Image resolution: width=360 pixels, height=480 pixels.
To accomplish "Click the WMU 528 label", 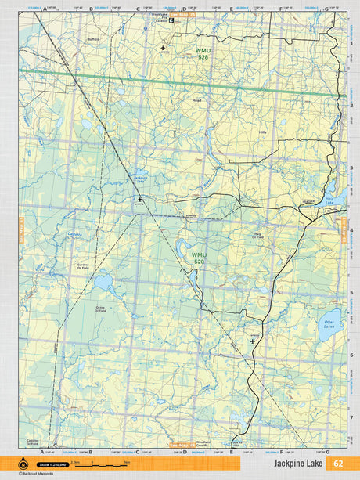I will point(203,54).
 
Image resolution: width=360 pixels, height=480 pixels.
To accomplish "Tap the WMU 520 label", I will point(200,258).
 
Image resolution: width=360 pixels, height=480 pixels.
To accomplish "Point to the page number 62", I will point(338,464).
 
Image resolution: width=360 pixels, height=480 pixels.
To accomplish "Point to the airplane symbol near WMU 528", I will point(163,49).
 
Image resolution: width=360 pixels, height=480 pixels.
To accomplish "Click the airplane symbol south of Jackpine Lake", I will point(140,200).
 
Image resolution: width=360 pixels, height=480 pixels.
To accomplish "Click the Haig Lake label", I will point(329,201).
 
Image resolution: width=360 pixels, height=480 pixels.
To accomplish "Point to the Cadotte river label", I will point(52,234).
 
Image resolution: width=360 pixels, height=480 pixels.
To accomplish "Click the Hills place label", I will point(262,133).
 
